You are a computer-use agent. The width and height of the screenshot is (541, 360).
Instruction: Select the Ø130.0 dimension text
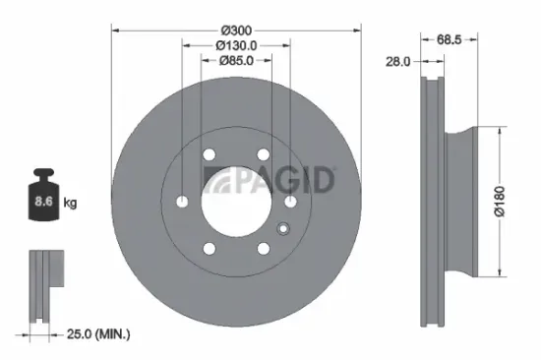(x=236, y=43)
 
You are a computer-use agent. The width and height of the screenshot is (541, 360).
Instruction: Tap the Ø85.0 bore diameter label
(x=236, y=60)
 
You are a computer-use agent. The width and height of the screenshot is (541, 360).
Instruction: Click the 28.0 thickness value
(x=398, y=61)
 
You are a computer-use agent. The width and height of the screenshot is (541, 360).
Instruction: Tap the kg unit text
(x=70, y=204)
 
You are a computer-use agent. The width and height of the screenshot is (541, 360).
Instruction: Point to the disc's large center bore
(x=236, y=201)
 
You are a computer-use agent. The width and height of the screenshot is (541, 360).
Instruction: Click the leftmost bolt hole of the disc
(x=182, y=201)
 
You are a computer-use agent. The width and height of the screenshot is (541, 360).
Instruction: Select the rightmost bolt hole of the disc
(x=290, y=201)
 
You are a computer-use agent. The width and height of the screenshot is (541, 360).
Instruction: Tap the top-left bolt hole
(x=209, y=154)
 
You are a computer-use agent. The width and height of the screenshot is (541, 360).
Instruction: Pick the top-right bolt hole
(x=263, y=154)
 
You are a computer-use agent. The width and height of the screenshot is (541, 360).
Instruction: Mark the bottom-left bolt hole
(x=209, y=247)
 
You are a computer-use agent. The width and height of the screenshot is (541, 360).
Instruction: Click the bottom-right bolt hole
(x=263, y=247)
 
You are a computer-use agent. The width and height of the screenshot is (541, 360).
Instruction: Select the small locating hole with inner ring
(x=282, y=232)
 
